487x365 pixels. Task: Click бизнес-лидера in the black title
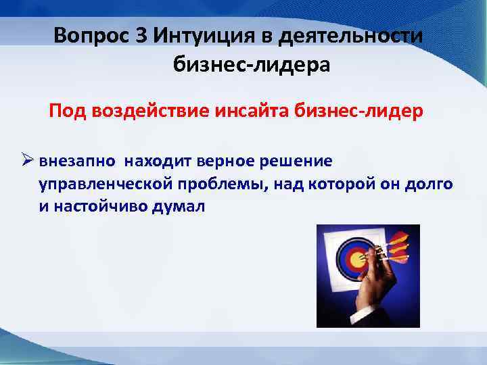coord(252,66)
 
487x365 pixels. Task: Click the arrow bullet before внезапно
coord(28,162)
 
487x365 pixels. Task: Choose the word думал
coord(183,207)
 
